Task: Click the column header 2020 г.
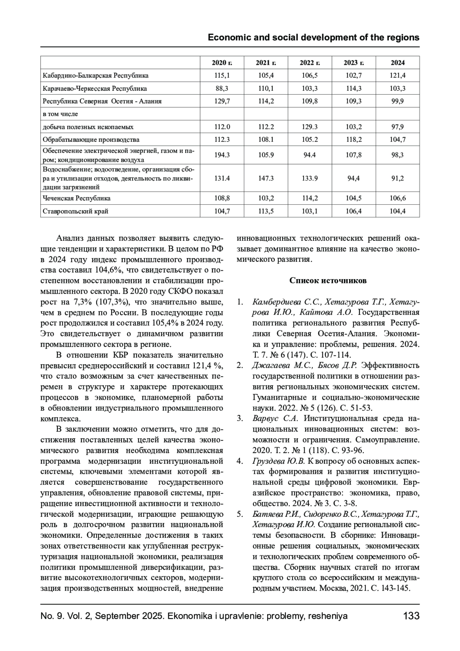tap(222, 63)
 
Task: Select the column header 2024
tap(398, 63)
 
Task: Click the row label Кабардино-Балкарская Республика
tap(95, 76)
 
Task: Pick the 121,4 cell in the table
tap(398, 76)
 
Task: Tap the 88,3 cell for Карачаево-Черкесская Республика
tap(222, 89)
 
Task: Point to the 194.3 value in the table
tap(222, 155)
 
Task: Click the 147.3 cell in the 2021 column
tap(266, 178)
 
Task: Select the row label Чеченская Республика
tap(77, 198)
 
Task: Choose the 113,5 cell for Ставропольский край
tap(266, 211)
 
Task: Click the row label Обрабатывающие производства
tap(91, 140)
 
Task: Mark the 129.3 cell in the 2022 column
tap(309, 127)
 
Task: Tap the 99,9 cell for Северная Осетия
tap(398, 101)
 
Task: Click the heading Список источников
tap(328, 281)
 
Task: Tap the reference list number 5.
tap(239, 514)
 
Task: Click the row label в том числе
tap(60, 114)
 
